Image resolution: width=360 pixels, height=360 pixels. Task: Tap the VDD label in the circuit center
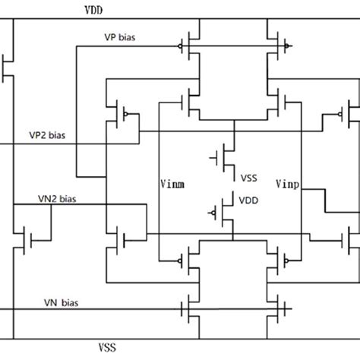coord(248,201)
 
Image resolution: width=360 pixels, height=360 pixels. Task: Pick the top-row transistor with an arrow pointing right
coord(275,46)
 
